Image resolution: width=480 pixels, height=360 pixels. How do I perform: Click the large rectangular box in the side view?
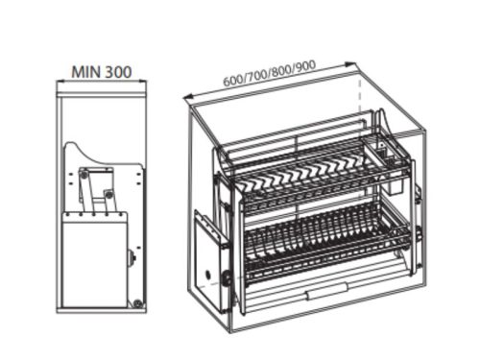(93, 259)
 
